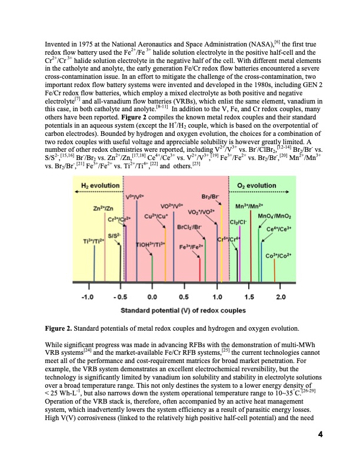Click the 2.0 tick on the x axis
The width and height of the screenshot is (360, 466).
pos(281,295)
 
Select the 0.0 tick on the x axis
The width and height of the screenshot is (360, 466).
pos(152,295)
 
